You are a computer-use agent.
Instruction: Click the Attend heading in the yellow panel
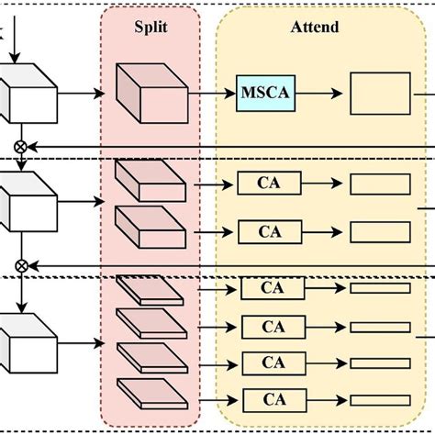314,28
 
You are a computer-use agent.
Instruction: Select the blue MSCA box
264,93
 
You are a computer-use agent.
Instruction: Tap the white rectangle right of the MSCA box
380,94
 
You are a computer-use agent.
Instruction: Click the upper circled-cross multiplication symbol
20,146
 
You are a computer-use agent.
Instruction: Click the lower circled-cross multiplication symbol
20,265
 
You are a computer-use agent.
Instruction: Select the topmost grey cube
28,92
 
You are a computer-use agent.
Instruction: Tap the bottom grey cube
28,341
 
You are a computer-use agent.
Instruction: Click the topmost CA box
268,184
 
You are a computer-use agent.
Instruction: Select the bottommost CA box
273,399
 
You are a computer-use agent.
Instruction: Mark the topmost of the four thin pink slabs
150,291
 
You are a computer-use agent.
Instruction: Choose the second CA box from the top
268,229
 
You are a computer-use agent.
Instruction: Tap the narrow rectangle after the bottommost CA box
380,399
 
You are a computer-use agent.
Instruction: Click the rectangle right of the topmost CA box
380,184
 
